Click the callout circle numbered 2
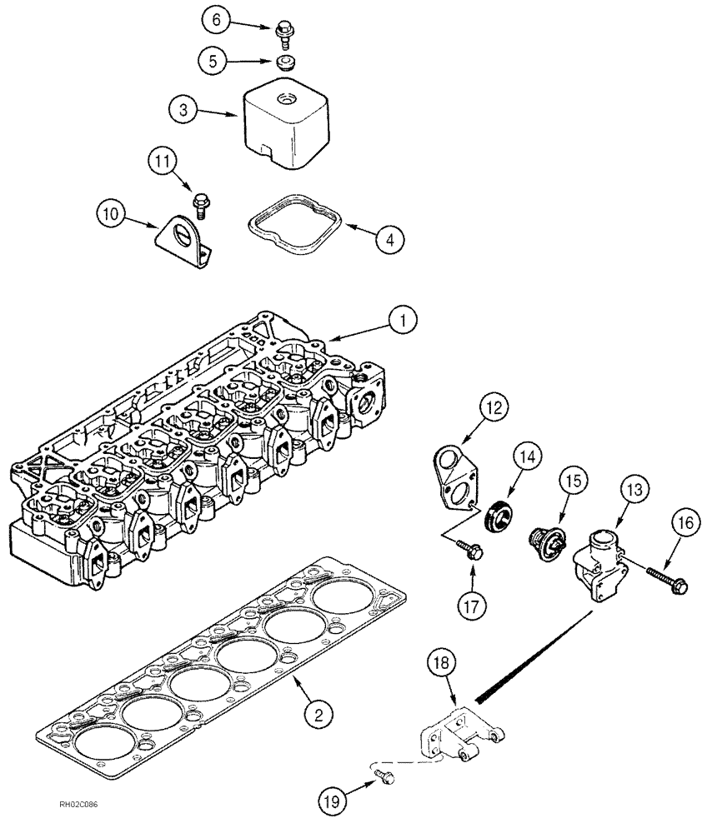pos(318,712)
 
